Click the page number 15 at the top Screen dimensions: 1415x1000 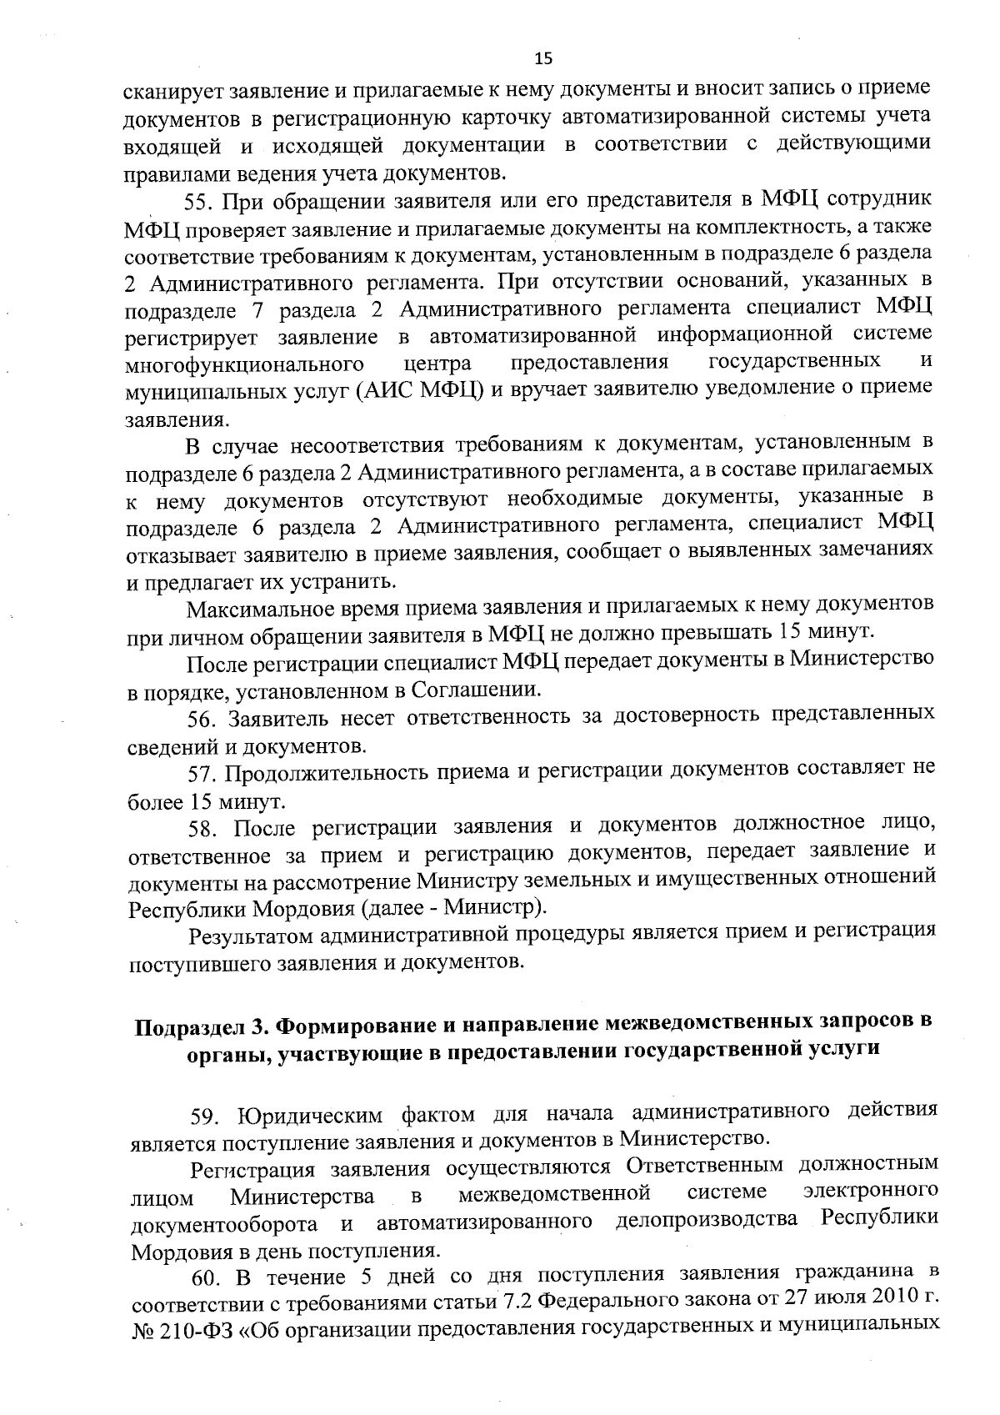pos(542,58)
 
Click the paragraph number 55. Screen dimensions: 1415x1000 pos(201,200)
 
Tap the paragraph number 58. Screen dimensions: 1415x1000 pos(203,827)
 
